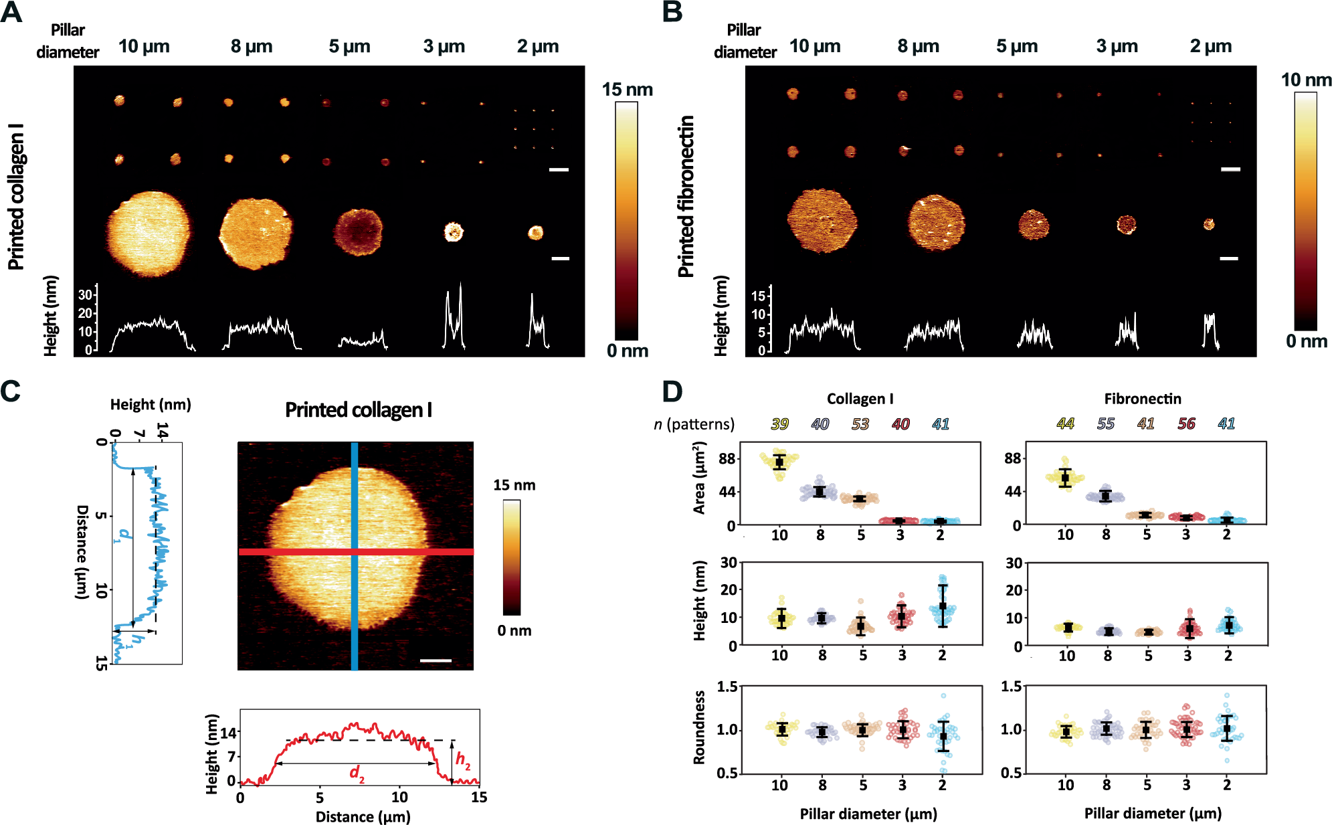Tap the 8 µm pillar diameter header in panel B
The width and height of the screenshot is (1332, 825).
click(x=918, y=46)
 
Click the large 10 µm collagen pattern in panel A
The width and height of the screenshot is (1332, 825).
click(x=149, y=234)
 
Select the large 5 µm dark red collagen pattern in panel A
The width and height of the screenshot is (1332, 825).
click(x=358, y=232)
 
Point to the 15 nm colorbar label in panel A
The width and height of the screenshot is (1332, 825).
click(x=627, y=89)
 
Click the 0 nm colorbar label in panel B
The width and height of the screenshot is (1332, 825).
click(x=1306, y=341)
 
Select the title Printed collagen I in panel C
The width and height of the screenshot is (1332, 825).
click(x=358, y=409)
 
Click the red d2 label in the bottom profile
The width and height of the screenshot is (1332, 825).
click(x=357, y=773)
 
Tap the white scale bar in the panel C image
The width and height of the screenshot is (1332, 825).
click(x=436, y=660)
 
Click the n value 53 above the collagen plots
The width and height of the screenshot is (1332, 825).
click(x=860, y=424)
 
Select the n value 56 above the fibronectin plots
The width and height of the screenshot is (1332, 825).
click(x=1185, y=424)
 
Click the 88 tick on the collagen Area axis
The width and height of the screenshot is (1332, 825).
click(x=727, y=459)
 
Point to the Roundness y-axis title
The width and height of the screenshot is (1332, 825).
click(x=699, y=727)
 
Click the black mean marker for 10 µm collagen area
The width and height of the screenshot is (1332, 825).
click(x=779, y=462)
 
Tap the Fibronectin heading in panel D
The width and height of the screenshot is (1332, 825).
click(x=1142, y=399)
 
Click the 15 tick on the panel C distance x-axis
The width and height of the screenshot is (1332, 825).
click(x=478, y=797)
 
